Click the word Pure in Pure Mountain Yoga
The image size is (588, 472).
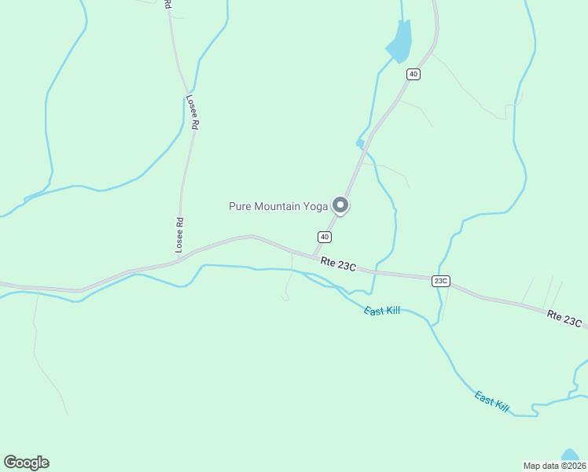241,206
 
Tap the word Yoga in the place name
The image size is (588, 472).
314,206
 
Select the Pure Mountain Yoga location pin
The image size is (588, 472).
340,205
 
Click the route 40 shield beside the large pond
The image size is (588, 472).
413,74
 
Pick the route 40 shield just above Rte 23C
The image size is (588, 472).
324,237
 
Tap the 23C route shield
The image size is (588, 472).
440,281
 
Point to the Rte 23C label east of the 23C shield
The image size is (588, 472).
564,319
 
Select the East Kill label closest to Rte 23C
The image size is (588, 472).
382,311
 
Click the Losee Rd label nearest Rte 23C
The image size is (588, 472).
179,235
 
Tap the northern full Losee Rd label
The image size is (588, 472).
193,113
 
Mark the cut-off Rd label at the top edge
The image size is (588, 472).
167,4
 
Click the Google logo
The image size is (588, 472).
26,463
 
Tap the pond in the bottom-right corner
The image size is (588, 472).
571,455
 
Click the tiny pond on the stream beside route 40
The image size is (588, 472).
359,143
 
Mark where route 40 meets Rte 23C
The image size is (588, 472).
314,256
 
